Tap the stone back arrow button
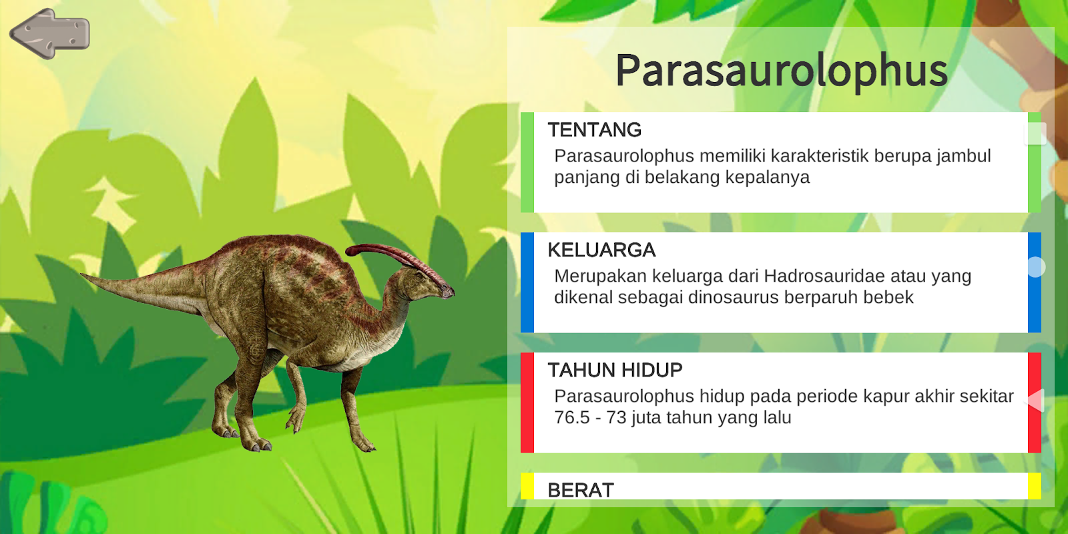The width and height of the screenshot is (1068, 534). [x=49, y=33]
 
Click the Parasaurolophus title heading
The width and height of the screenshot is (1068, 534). [x=782, y=71]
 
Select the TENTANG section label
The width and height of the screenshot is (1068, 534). [x=595, y=129]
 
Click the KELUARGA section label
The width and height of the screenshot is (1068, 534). [x=601, y=250]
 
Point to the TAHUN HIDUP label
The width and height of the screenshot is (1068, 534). [x=615, y=370]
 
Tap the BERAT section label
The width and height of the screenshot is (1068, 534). [x=581, y=490]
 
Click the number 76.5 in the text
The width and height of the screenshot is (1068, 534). [x=572, y=418]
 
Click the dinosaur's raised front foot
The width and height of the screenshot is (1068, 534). [x=296, y=421]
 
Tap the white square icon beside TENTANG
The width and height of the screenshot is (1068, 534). [x=1035, y=133]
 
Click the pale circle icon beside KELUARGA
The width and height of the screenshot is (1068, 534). [x=1035, y=267]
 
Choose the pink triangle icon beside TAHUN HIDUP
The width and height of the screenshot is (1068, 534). [x=1035, y=400]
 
